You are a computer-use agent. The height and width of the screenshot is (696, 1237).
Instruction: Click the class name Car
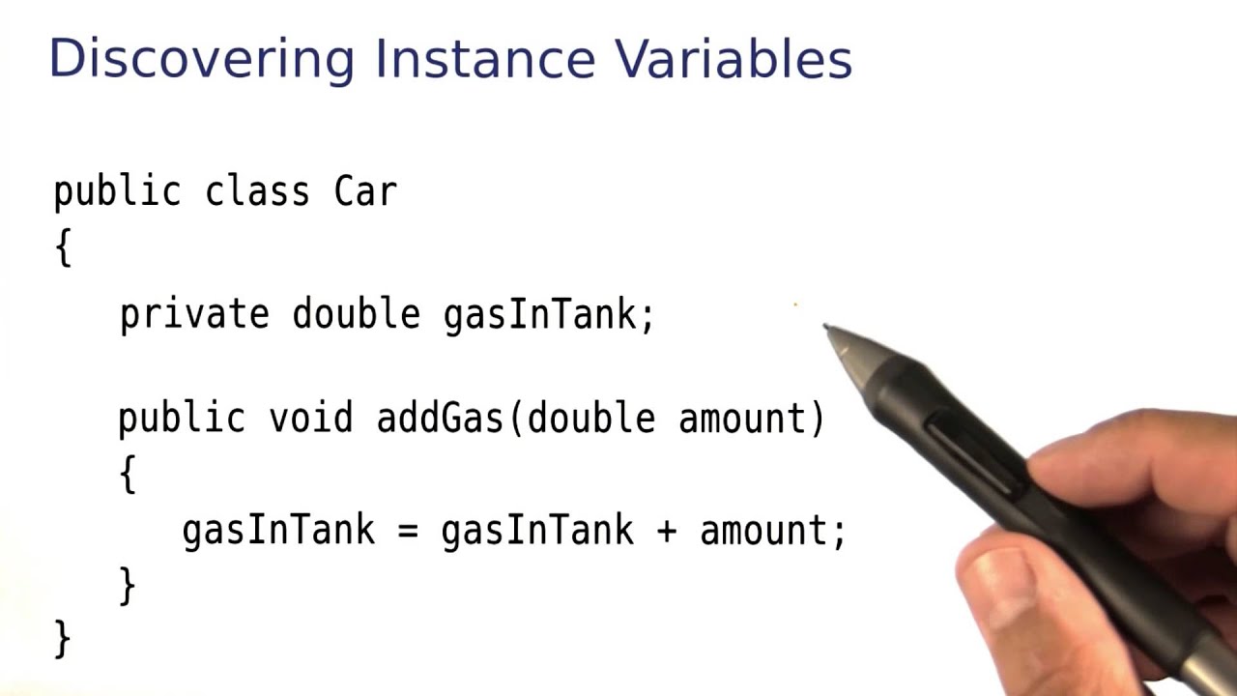(365, 191)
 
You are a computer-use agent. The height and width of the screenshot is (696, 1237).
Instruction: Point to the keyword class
(257, 191)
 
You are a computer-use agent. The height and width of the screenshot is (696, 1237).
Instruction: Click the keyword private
(194, 315)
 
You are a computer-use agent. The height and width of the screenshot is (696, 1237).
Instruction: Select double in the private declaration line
(356, 315)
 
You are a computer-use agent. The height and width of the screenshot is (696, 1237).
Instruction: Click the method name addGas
(440, 419)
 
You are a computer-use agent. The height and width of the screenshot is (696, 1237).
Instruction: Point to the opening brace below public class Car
(64, 247)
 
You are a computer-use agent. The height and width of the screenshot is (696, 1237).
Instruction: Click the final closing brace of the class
(63, 639)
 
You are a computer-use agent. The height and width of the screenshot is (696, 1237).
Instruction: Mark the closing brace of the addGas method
(128, 586)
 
